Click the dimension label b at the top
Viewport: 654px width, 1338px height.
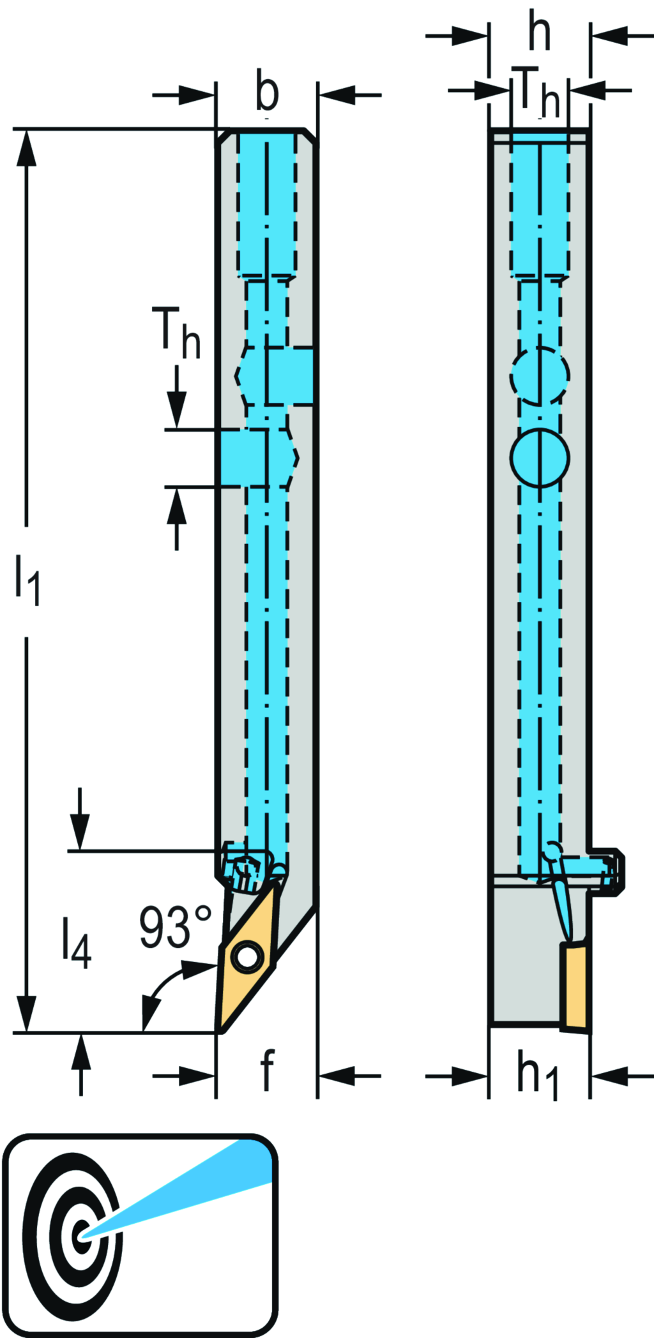click(x=267, y=92)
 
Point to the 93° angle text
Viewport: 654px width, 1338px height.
click(x=175, y=927)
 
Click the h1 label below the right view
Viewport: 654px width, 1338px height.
click(x=538, y=1076)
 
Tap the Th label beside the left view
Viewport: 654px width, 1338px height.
click(x=176, y=333)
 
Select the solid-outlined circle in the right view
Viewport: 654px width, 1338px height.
click(x=540, y=458)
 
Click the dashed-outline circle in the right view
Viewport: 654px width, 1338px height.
click(x=540, y=375)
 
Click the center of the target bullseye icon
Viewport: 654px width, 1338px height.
click(x=81, y=1238)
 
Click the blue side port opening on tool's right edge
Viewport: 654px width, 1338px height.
click(x=291, y=376)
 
